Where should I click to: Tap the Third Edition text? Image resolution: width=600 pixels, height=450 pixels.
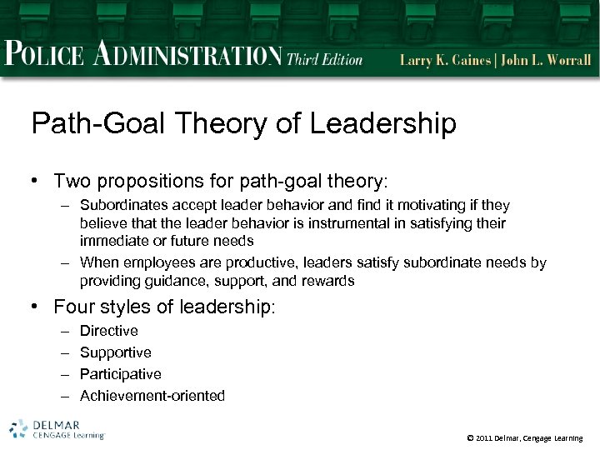tap(324, 59)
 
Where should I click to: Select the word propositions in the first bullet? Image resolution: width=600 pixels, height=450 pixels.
tap(146, 181)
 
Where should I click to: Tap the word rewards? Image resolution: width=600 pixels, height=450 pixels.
tap(327, 281)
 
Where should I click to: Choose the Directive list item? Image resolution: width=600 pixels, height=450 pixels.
tap(108, 331)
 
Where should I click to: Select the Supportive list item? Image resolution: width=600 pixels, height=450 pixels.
tap(115, 352)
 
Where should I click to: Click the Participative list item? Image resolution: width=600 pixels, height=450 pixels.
tap(120, 374)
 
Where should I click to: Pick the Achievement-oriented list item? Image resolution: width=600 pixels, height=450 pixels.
tap(152, 396)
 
